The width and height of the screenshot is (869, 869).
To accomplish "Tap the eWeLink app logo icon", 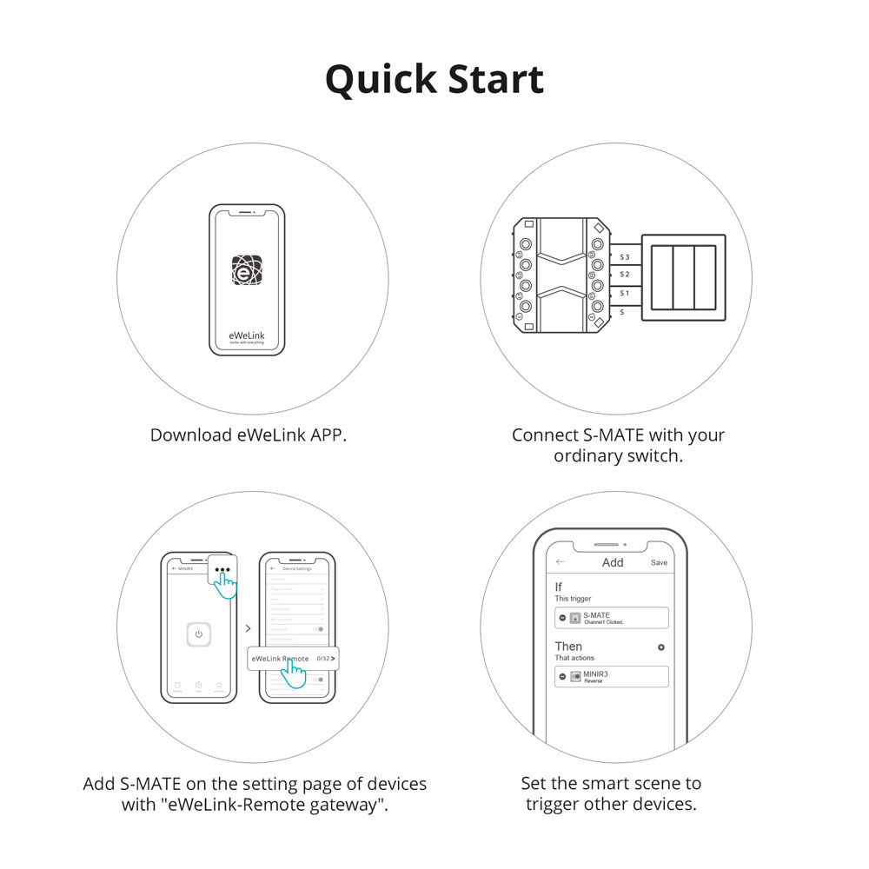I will tap(247, 270).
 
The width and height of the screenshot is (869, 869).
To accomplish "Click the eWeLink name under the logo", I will tap(247, 334).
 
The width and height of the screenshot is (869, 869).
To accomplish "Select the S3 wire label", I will tap(624, 257).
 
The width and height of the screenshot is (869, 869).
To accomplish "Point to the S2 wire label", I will tap(624, 275).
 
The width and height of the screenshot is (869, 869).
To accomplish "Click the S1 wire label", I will tap(624, 293).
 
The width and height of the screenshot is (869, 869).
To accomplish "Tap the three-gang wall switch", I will tap(682, 277).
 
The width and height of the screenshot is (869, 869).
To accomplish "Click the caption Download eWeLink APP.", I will tap(249, 435).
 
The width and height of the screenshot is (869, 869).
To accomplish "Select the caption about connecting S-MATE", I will tap(618, 445).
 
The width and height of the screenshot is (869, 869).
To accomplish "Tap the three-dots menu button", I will tap(223, 573).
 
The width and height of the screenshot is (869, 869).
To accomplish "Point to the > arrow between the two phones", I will tap(248, 627).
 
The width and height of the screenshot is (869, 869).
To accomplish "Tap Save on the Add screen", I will tap(660, 563).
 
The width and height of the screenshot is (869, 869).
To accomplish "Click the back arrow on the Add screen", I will tap(561, 562).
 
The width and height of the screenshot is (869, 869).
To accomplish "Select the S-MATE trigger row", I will tap(612, 618).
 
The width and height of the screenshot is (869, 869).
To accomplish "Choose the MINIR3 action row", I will tap(612, 677).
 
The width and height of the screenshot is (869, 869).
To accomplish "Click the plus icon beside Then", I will tap(661, 647).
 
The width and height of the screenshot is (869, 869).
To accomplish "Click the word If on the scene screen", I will tap(559, 587).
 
